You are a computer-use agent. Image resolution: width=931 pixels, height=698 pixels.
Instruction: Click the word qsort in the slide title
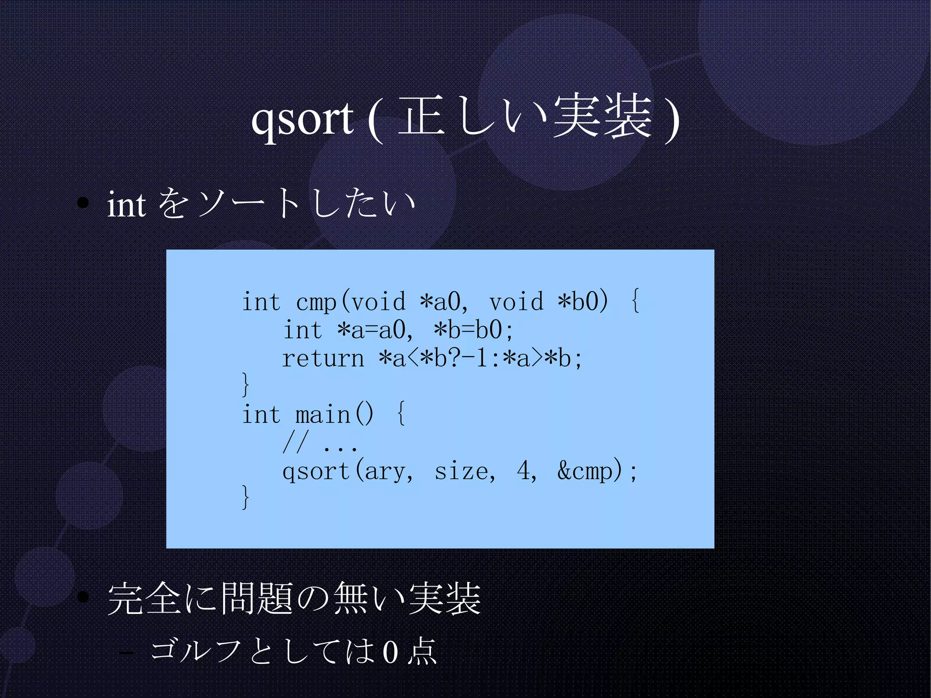302,119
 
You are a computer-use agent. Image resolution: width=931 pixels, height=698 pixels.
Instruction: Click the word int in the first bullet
126,205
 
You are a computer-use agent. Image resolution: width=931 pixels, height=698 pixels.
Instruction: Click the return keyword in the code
323,359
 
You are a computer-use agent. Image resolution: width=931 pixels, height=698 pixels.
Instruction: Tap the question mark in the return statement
454,358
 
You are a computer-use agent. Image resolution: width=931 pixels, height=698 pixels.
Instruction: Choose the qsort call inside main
315,471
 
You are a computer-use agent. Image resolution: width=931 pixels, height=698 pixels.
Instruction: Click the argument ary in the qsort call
386,471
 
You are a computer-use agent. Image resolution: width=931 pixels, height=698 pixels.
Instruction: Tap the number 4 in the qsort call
523,470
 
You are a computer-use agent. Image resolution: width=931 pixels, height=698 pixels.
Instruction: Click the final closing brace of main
245,497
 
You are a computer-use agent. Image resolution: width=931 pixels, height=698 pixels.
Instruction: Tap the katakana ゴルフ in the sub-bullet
195,650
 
